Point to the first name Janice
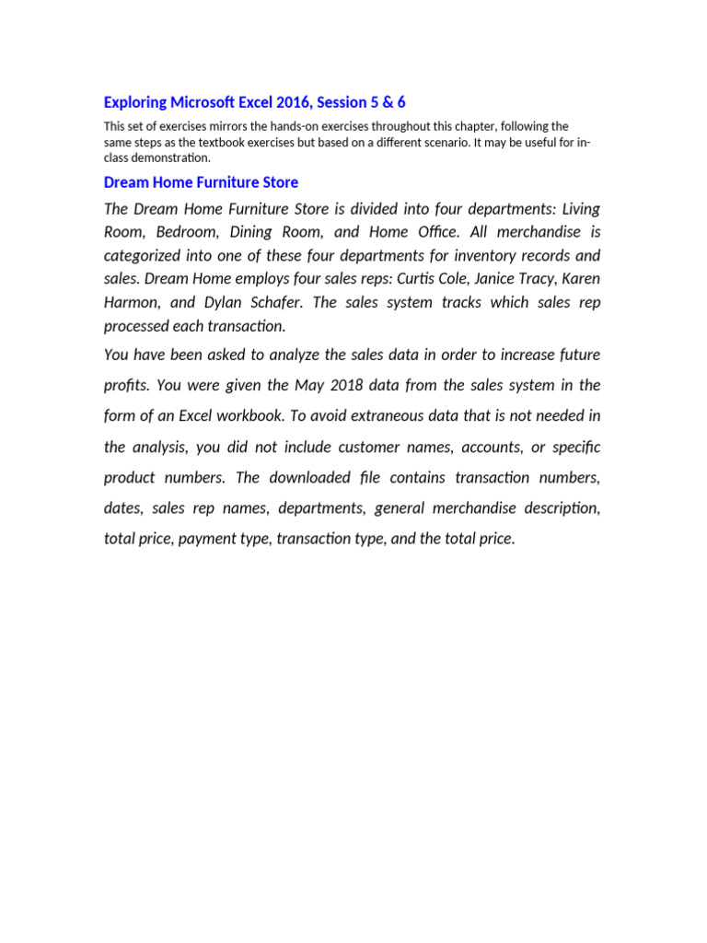pyautogui.click(x=493, y=279)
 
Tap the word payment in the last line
pyautogui.click(x=205, y=540)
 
